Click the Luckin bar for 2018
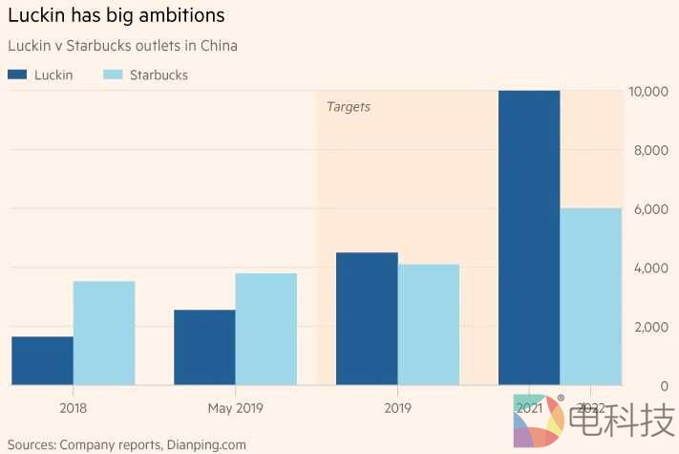click(42, 360)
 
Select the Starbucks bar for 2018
click(104, 333)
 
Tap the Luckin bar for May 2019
click(204, 347)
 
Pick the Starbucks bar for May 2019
click(266, 329)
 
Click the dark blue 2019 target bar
click(367, 318)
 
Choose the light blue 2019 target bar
click(429, 324)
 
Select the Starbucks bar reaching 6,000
click(591, 296)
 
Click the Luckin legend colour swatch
click(17, 75)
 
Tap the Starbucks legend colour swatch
click(112, 75)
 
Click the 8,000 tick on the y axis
click(650, 150)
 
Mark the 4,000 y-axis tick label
click(650, 268)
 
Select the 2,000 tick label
click(650, 327)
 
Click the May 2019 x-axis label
click(235, 408)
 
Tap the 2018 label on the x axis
click(73, 408)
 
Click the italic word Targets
click(349, 107)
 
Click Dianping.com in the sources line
click(206, 444)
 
